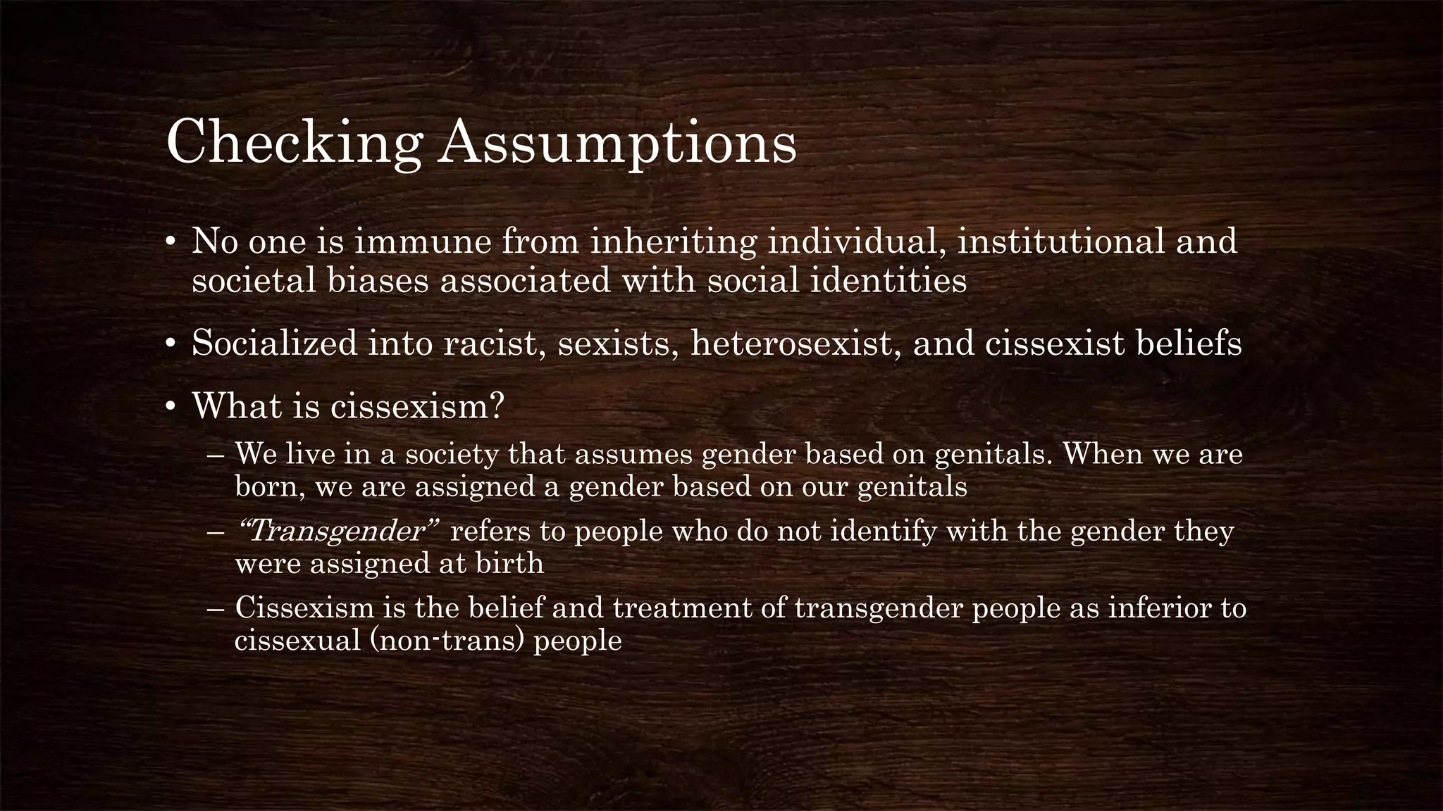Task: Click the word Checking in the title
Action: coord(294,143)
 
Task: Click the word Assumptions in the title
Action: coord(617,143)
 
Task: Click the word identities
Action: coord(887,281)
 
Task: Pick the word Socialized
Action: coord(275,344)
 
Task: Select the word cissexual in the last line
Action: coord(297,641)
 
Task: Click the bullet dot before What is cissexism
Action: coord(170,408)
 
